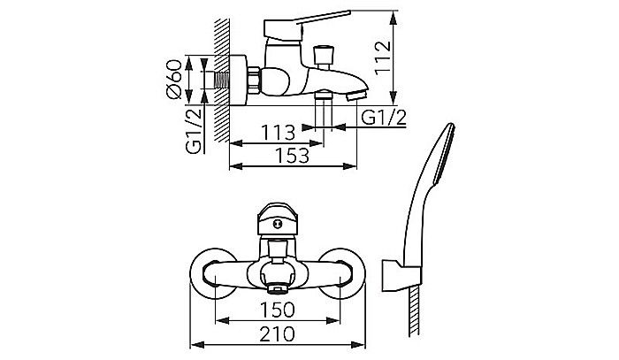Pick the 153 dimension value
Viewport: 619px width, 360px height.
pos(292,156)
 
